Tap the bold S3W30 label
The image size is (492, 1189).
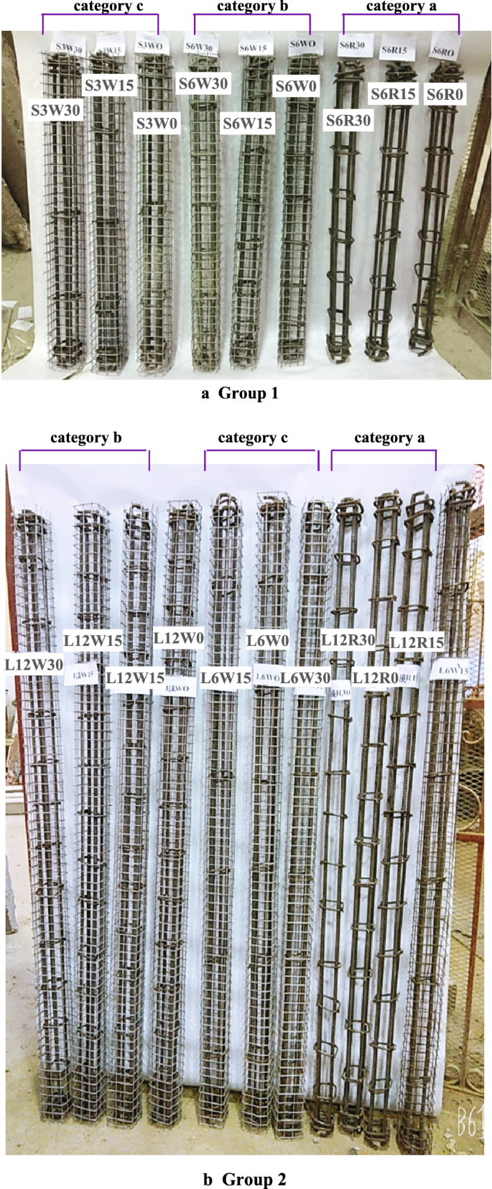click(x=55, y=110)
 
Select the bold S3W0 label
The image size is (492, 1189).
click(x=157, y=124)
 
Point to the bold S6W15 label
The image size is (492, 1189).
click(x=247, y=124)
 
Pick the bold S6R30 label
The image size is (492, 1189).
click(x=348, y=120)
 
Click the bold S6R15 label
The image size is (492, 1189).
click(x=393, y=94)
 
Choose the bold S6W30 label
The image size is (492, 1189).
click(x=203, y=84)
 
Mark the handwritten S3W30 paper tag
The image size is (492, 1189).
click(x=69, y=47)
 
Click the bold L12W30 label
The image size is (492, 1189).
click(x=34, y=665)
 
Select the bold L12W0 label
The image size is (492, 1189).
click(x=179, y=638)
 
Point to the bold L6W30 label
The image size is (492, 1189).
click(x=305, y=677)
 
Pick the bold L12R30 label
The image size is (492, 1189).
click(x=348, y=639)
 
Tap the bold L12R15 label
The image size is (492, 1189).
click(x=417, y=642)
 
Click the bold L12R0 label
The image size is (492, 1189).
click(x=376, y=677)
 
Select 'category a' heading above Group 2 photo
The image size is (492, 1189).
click(x=389, y=438)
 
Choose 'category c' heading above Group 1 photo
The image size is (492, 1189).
click(x=109, y=6)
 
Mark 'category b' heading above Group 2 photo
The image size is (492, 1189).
click(x=85, y=438)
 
